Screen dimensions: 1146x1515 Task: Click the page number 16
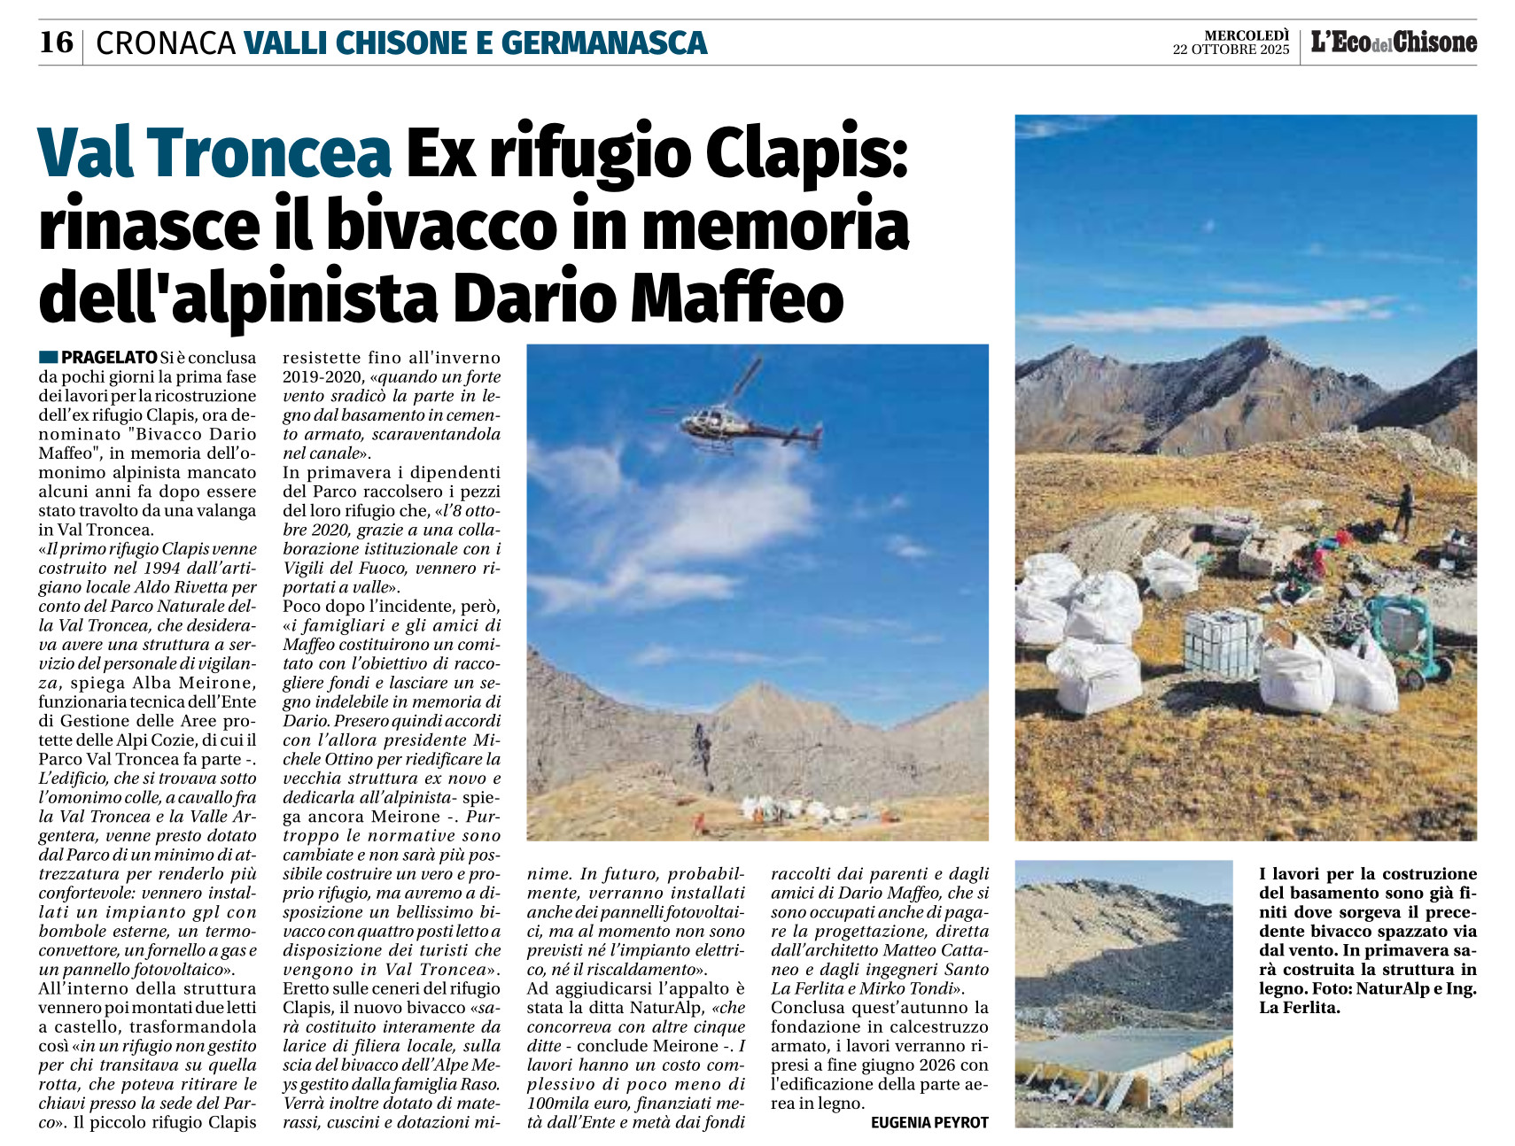tap(56, 42)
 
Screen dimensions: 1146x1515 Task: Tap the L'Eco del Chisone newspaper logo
tap(1394, 42)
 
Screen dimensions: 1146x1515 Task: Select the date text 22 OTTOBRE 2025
tap(1231, 50)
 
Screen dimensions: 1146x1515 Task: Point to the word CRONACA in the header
tap(166, 43)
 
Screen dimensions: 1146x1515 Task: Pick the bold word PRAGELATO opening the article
tap(109, 358)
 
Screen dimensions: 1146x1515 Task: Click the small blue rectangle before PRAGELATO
tap(48, 358)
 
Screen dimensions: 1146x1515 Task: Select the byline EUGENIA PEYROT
tap(928, 1123)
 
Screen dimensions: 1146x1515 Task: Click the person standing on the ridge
tap(1403, 508)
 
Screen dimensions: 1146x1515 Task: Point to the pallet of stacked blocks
tap(1222, 642)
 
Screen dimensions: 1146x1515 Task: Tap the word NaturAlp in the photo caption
tap(1397, 989)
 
